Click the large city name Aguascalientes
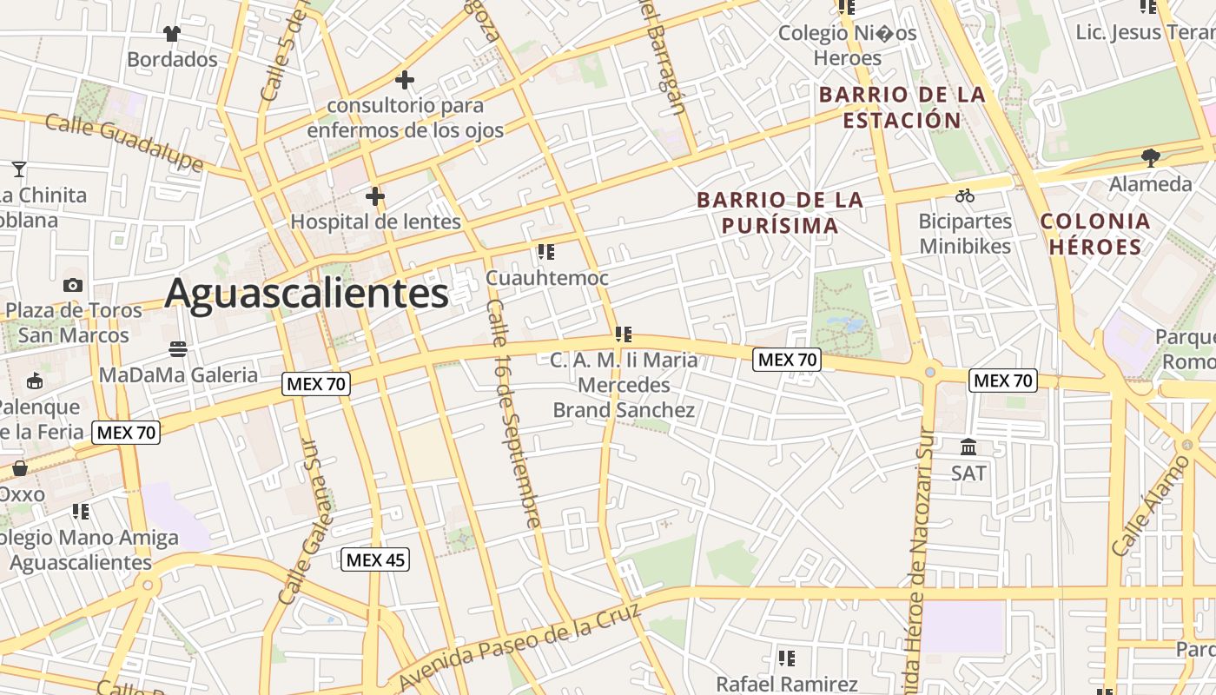[x=307, y=293]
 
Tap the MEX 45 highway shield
[x=374, y=559]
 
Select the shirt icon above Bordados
[x=171, y=34]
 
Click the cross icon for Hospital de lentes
[x=374, y=197]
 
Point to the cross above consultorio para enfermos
[x=404, y=80]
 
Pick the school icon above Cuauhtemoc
[x=546, y=253]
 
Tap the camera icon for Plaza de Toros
[x=73, y=285]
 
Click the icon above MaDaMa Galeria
[x=178, y=349]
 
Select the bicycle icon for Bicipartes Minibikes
[x=964, y=195]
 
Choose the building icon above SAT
[x=968, y=447]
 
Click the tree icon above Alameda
[x=1151, y=158]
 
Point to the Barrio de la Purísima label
[x=780, y=213]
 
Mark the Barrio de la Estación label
[x=902, y=107]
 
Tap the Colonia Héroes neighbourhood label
[x=1095, y=234]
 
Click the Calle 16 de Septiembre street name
[x=513, y=413]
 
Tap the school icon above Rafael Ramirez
[x=787, y=659]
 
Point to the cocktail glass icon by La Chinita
[x=19, y=169]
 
